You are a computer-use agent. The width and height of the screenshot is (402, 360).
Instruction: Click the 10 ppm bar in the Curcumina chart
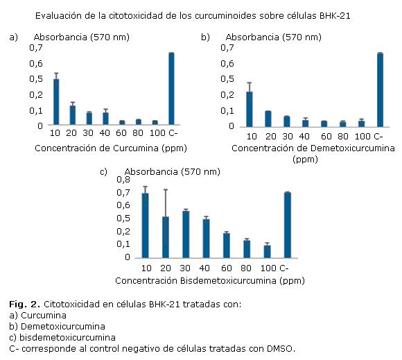coord(56,102)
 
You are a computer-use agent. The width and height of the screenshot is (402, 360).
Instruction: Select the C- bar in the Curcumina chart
coord(171,89)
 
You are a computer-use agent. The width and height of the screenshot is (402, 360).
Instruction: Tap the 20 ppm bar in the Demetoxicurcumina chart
coord(268,119)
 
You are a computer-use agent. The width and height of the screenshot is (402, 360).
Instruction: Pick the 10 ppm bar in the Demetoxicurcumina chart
coord(250,110)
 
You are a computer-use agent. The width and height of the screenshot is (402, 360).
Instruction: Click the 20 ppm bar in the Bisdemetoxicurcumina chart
coord(166,237)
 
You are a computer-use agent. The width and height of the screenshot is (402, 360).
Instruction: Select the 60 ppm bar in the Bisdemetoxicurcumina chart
coord(227,246)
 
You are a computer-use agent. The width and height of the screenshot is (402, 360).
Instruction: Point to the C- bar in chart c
coord(288,225)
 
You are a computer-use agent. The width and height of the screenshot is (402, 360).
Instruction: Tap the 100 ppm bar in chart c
coord(267,252)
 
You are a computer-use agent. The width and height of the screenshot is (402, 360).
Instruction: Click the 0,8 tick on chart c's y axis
coord(123,180)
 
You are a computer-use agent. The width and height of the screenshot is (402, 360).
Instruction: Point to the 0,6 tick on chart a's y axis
coord(36,64)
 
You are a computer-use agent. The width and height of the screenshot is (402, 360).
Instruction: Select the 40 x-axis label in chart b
coord(304,136)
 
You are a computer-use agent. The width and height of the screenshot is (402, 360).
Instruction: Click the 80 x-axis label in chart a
coord(138,133)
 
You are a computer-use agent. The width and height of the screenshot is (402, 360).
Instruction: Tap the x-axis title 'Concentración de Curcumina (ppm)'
coord(111,148)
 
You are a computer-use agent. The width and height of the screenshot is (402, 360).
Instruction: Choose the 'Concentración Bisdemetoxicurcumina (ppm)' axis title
coord(210,281)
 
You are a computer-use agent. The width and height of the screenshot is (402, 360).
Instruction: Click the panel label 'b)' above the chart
coord(205,37)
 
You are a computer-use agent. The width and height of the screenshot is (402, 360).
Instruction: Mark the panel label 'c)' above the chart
coord(103,171)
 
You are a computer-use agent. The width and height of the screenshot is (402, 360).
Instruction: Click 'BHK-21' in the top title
coord(335,16)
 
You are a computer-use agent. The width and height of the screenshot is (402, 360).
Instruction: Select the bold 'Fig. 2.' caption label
coord(25,305)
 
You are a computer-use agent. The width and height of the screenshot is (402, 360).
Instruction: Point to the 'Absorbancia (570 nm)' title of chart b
coord(274,37)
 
